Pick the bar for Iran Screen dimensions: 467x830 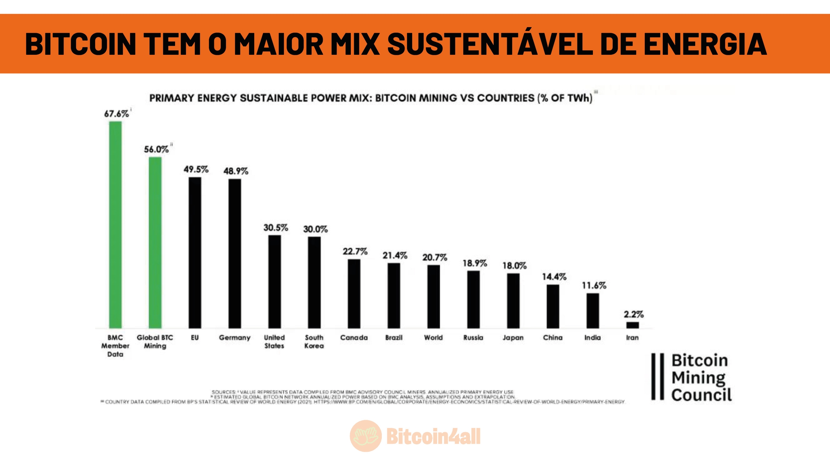point(632,325)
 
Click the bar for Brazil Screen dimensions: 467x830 point(394,295)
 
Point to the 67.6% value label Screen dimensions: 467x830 point(116,114)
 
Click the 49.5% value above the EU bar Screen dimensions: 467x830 point(196,169)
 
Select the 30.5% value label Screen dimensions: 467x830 point(276,228)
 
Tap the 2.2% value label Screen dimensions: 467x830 point(634,314)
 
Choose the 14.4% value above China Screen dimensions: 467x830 point(554,277)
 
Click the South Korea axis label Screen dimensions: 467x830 point(314,342)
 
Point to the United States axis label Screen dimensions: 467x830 point(274,342)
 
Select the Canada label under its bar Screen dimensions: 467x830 point(354,338)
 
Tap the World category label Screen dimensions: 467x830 point(433,338)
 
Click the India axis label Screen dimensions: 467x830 point(593,338)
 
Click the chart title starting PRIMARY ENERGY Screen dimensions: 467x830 point(371,98)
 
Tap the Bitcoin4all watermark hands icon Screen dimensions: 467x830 point(366,436)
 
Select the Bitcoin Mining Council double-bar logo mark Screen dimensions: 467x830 point(657,377)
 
